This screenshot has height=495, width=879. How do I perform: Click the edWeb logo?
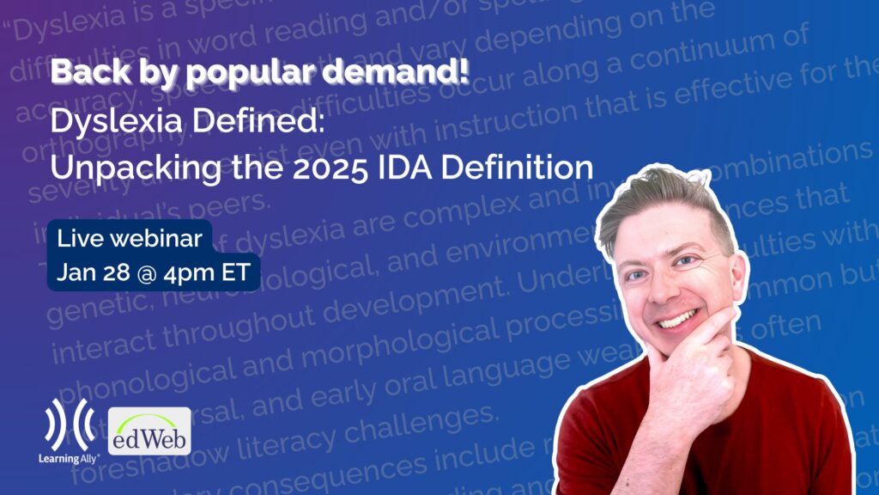[149, 431]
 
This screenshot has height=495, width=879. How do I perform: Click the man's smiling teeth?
[678, 319]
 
